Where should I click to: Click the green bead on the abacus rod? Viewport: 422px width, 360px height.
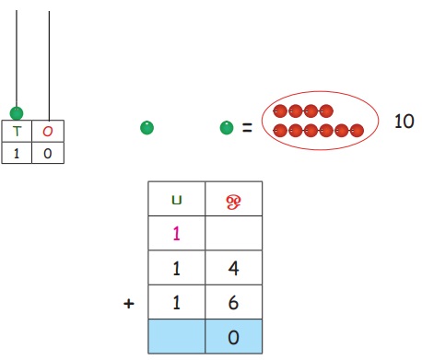17,113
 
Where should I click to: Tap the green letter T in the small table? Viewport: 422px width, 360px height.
17,132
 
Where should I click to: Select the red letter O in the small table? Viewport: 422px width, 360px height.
48,132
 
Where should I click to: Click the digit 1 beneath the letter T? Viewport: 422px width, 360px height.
17,153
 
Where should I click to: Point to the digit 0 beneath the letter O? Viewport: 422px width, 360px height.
48,153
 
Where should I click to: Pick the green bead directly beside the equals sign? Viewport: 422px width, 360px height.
227,128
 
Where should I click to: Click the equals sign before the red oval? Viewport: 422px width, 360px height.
247,127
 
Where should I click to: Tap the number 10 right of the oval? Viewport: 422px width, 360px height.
404,121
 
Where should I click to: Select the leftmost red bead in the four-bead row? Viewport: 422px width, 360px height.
280,111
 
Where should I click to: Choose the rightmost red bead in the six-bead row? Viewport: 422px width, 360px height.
357,131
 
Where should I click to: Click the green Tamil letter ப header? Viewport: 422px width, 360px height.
177,201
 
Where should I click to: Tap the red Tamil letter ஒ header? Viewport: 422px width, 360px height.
233,202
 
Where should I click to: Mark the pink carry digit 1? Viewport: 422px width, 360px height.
176,234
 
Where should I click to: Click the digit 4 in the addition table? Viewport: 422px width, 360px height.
233,268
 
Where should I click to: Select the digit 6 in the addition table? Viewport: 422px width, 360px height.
233,303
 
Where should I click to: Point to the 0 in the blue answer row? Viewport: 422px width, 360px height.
233,337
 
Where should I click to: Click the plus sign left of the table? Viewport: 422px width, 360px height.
129,304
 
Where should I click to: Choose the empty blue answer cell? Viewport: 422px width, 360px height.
177,336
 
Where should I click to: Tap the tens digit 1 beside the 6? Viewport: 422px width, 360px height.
176,303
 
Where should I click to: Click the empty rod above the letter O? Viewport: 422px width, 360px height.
49,65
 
